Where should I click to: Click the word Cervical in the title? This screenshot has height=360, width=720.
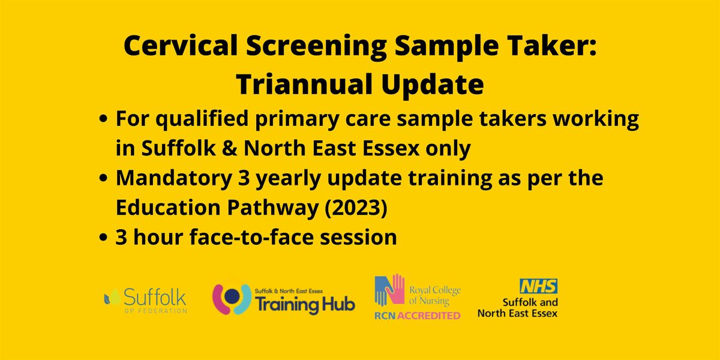click(181, 46)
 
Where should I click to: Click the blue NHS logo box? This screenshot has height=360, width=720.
click(539, 286)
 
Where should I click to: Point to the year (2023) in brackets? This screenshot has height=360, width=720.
click(356, 208)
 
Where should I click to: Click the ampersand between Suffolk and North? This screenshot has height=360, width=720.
click(229, 148)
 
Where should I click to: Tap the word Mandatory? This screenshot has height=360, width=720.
click(174, 178)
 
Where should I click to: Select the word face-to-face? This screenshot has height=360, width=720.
click(251, 237)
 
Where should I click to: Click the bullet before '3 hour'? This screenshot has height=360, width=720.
click(103, 238)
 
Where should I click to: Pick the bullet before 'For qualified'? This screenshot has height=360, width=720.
click(103, 119)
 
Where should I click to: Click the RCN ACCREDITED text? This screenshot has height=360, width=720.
click(418, 316)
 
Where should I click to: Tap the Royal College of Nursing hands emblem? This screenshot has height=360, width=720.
click(389, 290)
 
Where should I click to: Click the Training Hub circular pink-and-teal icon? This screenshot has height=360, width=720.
click(232, 299)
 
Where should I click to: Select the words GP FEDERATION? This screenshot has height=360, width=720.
click(155, 311)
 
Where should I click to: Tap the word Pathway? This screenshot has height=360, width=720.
click(273, 208)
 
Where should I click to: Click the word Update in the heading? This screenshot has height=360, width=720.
click(433, 85)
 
